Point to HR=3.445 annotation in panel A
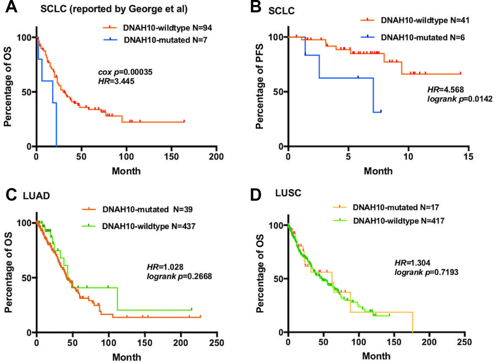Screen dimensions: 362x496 pyautogui.click(x=116, y=82)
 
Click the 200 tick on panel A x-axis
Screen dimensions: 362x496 pyautogui.click(x=216, y=157)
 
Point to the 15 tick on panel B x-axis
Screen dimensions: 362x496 pyautogui.click(x=468, y=157)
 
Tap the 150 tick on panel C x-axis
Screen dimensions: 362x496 pyautogui.click(x=144, y=343)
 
